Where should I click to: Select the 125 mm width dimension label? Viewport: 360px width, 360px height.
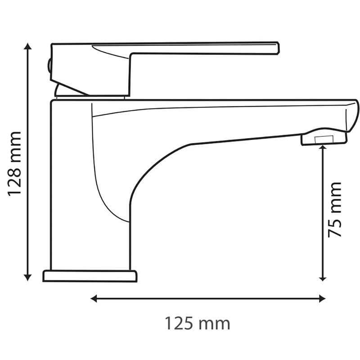tap(198, 324)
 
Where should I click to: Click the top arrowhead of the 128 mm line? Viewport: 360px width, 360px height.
tap(28, 46)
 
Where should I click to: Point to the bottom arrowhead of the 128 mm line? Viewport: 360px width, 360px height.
tap(28, 277)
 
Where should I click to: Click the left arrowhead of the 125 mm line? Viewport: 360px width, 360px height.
tap(94, 299)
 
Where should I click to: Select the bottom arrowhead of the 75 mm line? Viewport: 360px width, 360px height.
tap(323, 278)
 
